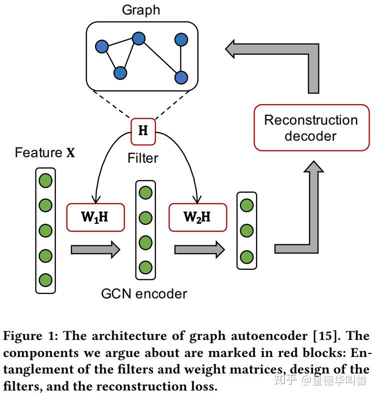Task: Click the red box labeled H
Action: (x=143, y=131)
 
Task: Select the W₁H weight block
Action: (x=95, y=217)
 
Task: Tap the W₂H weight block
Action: (x=197, y=217)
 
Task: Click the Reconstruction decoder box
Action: (x=311, y=128)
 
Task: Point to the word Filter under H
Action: (x=143, y=158)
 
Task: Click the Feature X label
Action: (x=45, y=153)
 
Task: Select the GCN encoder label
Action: (x=144, y=293)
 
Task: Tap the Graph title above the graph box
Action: (x=141, y=10)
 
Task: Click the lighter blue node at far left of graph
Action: (x=101, y=47)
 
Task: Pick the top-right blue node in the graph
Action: (x=181, y=40)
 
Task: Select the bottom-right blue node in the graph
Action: (x=181, y=77)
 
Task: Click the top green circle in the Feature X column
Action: (x=45, y=181)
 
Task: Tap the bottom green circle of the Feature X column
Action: (x=45, y=280)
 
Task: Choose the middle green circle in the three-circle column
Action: (x=246, y=231)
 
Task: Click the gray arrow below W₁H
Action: (x=95, y=248)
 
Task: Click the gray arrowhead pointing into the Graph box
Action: (x=233, y=49)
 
